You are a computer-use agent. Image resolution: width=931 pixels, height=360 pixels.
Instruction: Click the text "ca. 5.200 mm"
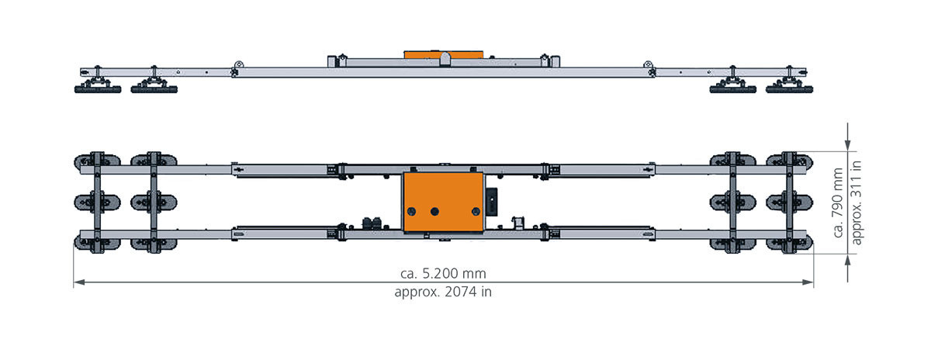coord(443,274)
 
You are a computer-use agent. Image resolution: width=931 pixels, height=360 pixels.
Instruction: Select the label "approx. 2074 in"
coord(443,292)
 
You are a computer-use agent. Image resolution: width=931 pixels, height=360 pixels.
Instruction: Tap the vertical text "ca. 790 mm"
coord(838,202)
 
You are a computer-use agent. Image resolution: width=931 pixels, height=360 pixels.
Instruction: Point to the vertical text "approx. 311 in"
coord(857,202)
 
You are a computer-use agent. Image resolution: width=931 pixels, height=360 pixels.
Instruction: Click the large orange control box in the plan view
coord(443,202)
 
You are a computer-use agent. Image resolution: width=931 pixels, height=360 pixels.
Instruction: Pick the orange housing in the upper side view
coord(444,55)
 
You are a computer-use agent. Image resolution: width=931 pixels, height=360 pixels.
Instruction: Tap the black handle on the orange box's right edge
coord(491,202)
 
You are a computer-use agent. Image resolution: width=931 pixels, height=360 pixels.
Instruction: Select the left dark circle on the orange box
coord(411,212)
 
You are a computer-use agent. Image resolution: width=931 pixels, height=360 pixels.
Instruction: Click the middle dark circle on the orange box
coord(434,212)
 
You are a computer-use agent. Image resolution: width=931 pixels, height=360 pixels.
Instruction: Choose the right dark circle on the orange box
coord(476,212)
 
